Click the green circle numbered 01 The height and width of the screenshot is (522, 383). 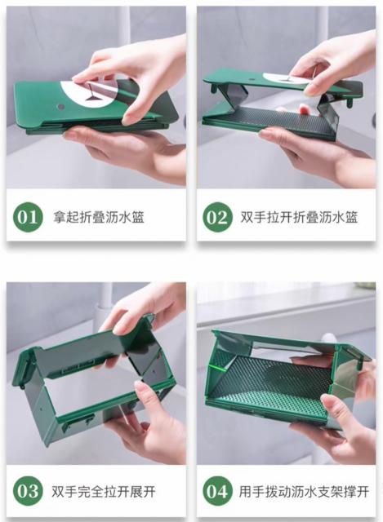click(x=28, y=217)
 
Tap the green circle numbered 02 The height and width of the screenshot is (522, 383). click(x=217, y=217)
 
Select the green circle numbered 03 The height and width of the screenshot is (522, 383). click(x=28, y=491)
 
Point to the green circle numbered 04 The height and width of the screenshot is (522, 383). click(x=217, y=491)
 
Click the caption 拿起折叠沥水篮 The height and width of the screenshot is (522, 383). click(x=99, y=218)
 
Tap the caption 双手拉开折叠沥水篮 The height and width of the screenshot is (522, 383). click(x=299, y=218)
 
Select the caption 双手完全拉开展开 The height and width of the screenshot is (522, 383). click(x=104, y=491)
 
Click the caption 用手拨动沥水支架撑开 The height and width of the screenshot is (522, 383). click(x=304, y=491)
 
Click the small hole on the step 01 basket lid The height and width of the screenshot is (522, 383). click(x=60, y=107)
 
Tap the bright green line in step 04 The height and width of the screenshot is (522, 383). click(x=218, y=368)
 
